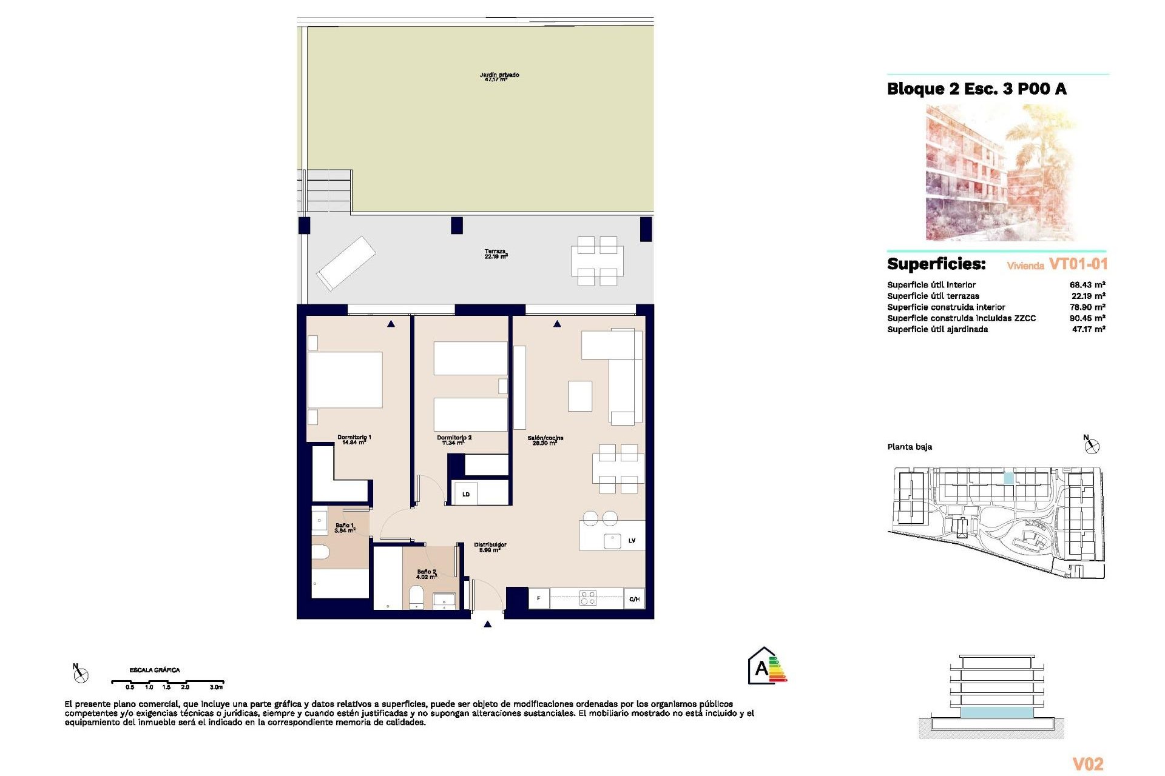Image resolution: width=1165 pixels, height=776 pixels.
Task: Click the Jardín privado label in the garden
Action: coord(499,77)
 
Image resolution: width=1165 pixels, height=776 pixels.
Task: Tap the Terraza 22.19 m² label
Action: coord(496,254)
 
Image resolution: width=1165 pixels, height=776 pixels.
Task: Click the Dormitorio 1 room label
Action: coord(354,440)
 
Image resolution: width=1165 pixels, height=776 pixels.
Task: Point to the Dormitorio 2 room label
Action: coord(454,440)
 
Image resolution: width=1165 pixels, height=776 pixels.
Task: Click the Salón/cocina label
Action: coord(545,440)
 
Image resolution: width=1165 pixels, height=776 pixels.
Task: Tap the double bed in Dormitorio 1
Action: coord(345,380)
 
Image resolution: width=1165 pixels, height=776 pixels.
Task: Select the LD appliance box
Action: coord(466,494)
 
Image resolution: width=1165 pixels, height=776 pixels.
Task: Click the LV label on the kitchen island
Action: coord(632,540)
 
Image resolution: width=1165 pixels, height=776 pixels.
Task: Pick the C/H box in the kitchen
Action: coord(634,598)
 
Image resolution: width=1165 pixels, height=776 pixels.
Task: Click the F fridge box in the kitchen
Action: coord(538,598)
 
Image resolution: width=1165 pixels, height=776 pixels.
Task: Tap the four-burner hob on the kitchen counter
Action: coord(587,598)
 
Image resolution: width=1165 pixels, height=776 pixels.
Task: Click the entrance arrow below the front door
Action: coord(487,624)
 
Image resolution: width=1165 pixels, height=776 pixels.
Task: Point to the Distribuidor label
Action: coord(490,547)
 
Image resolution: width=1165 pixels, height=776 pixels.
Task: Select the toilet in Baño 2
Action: coord(416,597)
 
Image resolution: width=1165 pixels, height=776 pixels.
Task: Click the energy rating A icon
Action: coord(767,666)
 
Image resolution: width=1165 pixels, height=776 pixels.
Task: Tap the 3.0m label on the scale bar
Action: coord(216,687)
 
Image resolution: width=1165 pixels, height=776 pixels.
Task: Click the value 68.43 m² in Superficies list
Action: coord(1087,284)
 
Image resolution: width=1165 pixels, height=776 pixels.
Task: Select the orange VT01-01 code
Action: coord(1078,264)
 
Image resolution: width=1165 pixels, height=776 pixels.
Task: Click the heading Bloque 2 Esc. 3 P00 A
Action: coord(976,89)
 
